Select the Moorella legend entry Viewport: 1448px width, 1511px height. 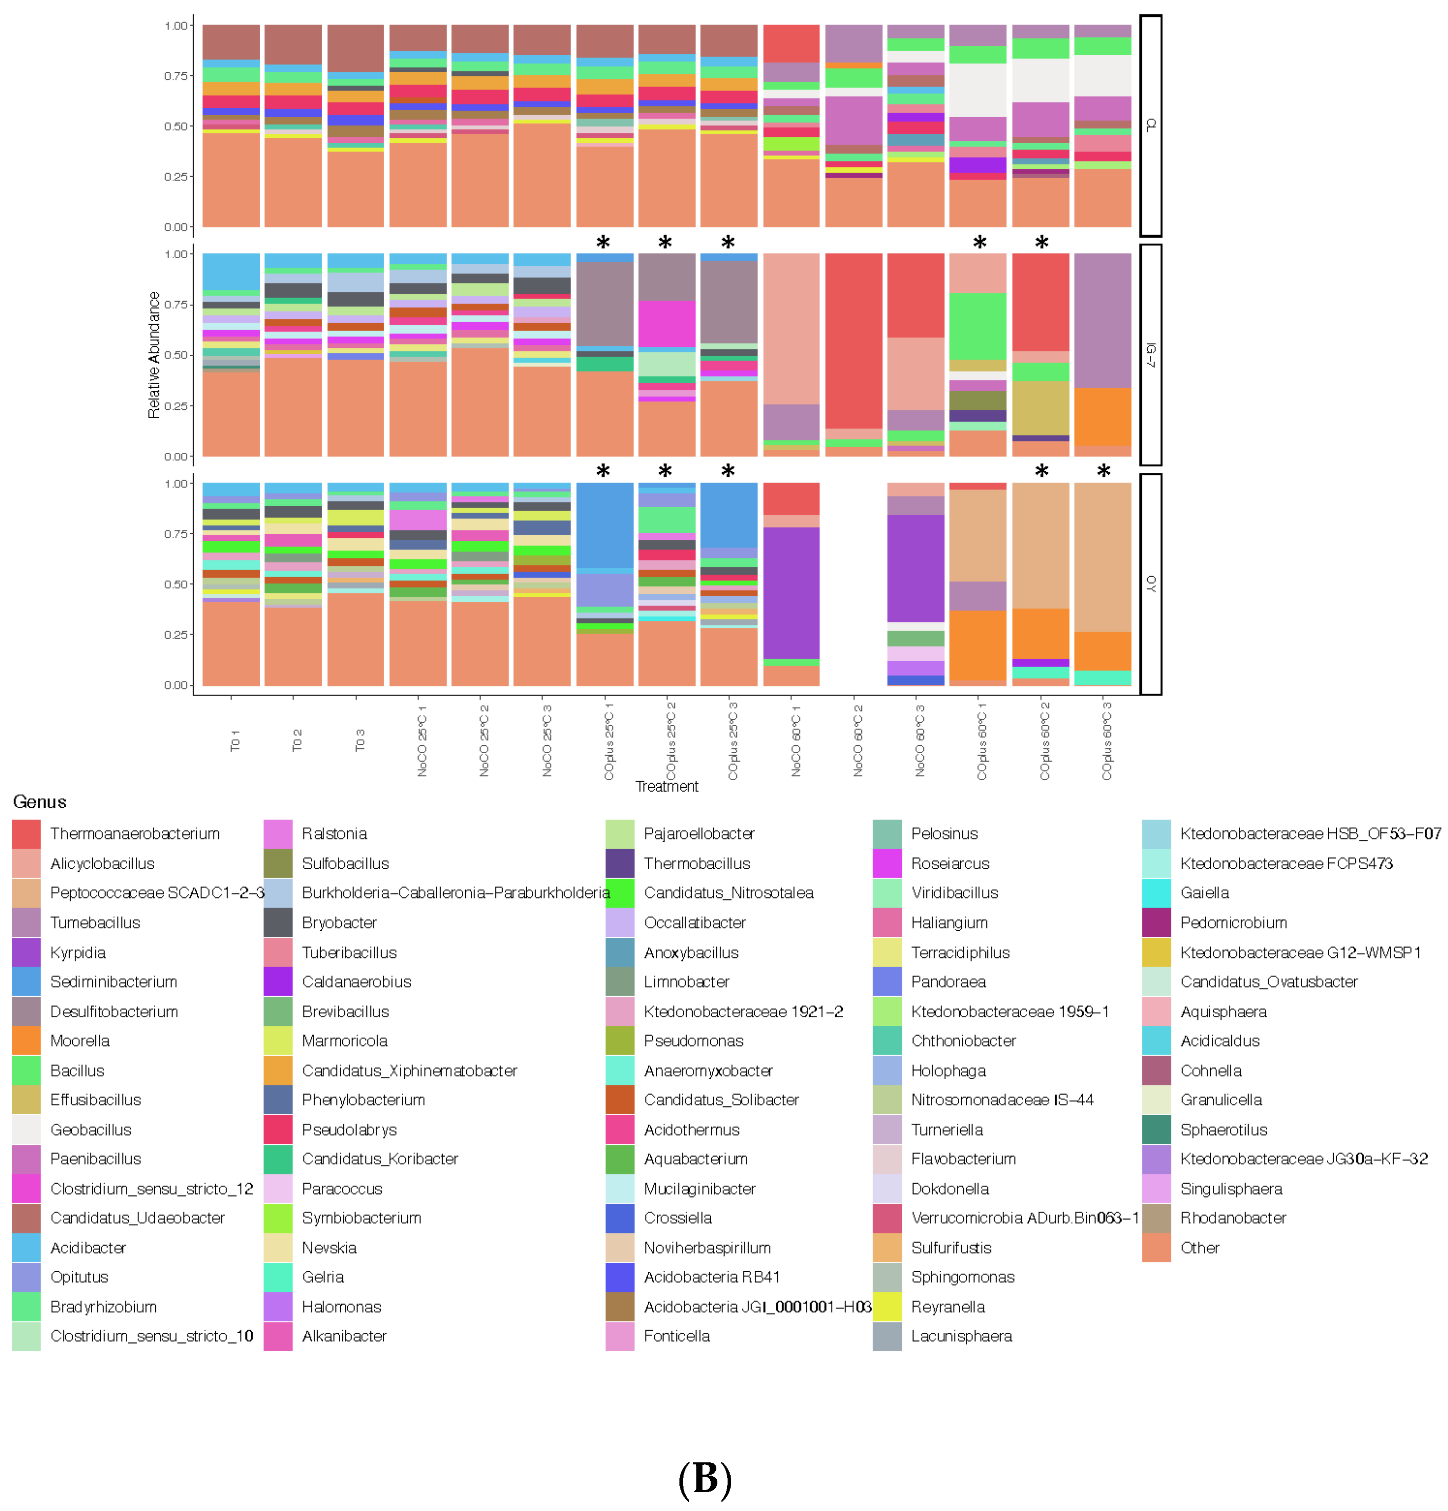[79, 1041]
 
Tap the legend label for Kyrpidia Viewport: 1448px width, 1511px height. [78, 953]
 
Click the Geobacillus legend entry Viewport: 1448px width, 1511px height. [90, 1130]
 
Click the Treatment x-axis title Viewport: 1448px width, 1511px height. [666, 786]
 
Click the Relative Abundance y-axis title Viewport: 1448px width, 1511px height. [153, 354]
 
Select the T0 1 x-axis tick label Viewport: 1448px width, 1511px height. [234, 740]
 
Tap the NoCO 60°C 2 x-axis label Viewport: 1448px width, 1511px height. [857, 740]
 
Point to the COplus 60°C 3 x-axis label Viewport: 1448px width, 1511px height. [1106, 740]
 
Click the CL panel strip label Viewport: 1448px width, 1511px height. [1150, 125]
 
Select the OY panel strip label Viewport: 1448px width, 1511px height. [1150, 583]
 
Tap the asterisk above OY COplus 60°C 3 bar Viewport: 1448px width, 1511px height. [1103, 472]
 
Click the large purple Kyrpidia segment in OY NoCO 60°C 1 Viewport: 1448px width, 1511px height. [791, 592]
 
